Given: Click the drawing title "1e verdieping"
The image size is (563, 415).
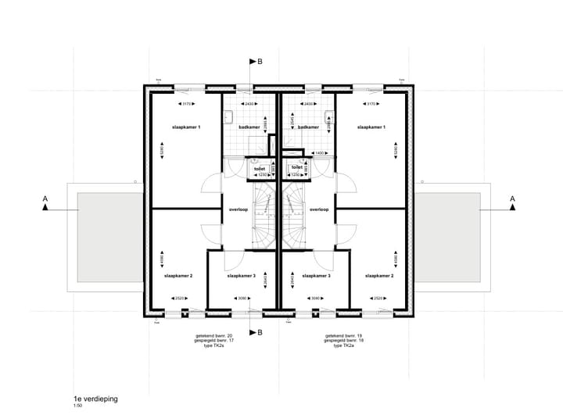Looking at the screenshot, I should click(x=95, y=399).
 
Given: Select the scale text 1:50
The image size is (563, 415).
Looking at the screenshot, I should click(x=77, y=406).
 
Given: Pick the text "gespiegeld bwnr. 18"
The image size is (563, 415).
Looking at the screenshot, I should click(x=344, y=340).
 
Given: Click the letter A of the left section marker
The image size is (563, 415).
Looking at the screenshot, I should click(x=45, y=200).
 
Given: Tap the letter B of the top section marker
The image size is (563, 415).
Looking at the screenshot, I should click(x=260, y=61).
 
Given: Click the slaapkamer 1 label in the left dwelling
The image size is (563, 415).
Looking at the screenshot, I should click(x=188, y=127).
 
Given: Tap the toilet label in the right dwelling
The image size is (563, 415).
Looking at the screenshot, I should click(x=297, y=167).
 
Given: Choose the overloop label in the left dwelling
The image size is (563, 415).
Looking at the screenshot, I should click(x=238, y=209).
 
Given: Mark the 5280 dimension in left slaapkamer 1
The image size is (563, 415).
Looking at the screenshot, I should click(x=162, y=148).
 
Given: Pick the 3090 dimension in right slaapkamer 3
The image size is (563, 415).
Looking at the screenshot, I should click(x=316, y=298).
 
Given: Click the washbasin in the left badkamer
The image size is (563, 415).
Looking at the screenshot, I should click(x=228, y=117).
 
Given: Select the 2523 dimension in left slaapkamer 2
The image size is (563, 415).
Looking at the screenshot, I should click(x=180, y=298).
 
